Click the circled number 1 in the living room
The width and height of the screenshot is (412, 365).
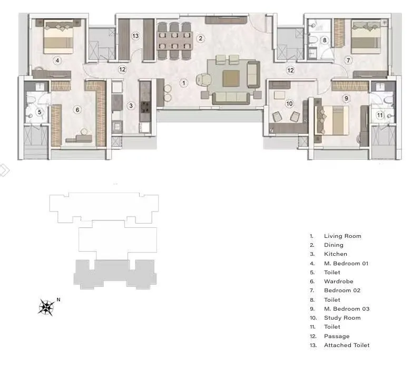[x=183, y=83]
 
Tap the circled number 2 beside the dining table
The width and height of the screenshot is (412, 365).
[x=200, y=38]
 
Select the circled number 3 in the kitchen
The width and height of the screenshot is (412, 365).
[x=131, y=105]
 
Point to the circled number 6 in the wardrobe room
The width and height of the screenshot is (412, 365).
[x=77, y=110]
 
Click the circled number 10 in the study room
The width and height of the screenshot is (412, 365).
[x=289, y=103]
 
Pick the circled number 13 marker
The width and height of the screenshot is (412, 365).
[x=135, y=36]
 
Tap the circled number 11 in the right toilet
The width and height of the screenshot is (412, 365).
[x=380, y=114]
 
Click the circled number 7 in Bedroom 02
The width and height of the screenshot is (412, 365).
[x=348, y=60]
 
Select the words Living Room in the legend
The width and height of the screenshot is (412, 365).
[x=342, y=236]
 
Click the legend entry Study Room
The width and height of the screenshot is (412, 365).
[x=342, y=318]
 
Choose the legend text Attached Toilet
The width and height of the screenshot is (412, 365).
[x=347, y=345]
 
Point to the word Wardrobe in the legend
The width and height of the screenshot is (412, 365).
[x=338, y=282]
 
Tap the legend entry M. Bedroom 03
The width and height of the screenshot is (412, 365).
[x=346, y=309]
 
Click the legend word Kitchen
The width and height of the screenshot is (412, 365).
[x=336, y=254]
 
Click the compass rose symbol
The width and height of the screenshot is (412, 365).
[x=47, y=306]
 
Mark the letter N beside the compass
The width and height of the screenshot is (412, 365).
[x=58, y=300]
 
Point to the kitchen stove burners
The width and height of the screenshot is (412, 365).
[x=144, y=108]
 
